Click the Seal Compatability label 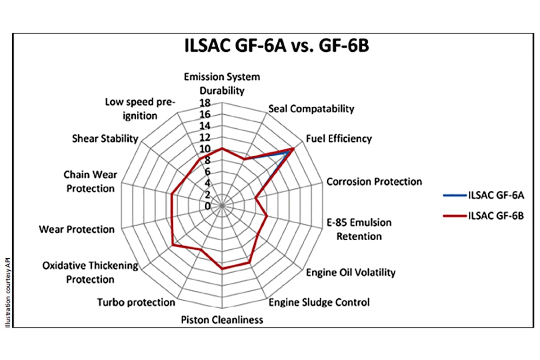(x=311, y=108)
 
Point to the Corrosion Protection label (x=374, y=181)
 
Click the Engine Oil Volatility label (x=351, y=272)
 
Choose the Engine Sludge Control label (x=319, y=302)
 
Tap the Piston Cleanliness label (x=222, y=320)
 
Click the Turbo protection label (x=136, y=302)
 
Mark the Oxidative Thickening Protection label (x=90, y=272)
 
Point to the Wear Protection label (x=76, y=229)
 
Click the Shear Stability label (x=105, y=138)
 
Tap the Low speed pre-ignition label (x=139, y=108)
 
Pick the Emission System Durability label (x=222, y=83)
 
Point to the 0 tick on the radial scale (x=207, y=206)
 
